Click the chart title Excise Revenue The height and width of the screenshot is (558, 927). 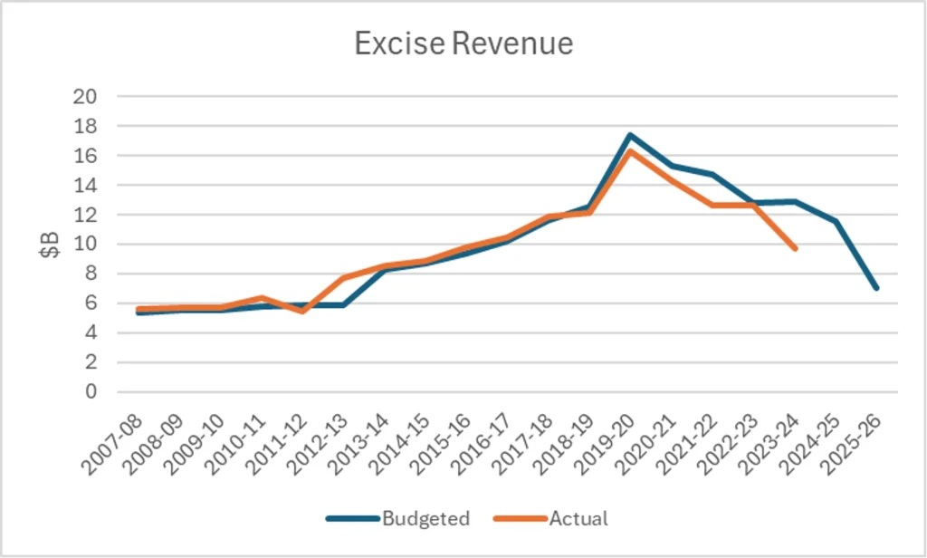[463, 43]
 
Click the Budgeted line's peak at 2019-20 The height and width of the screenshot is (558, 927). [630, 135]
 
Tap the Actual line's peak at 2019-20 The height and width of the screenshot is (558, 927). [630, 151]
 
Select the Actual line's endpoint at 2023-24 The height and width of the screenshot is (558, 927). [795, 248]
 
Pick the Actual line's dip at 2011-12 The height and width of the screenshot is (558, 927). [301, 312]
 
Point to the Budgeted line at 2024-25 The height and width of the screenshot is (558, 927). [836, 221]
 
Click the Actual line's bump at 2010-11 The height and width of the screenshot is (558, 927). [261, 298]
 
